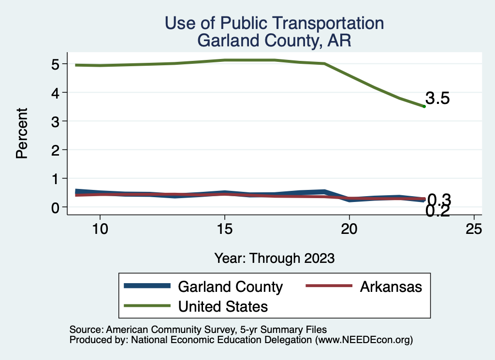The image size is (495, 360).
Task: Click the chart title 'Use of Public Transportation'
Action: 274,23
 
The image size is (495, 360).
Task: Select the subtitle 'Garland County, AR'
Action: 274,41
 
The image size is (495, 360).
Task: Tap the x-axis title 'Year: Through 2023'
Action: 274,258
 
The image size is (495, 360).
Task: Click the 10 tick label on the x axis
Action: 100,229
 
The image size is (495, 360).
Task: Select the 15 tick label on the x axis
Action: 224,229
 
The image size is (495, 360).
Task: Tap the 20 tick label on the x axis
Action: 349,229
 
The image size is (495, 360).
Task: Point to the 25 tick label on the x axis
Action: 474,229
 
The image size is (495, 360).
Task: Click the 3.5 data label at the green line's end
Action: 438,99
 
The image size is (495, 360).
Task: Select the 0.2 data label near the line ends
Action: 438,211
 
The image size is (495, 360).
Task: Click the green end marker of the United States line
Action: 424,106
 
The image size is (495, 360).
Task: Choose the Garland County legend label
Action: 230,287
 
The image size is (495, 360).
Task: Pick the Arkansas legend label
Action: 391,287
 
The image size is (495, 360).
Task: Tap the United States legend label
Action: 223,306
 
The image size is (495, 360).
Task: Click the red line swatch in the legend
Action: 329,286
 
